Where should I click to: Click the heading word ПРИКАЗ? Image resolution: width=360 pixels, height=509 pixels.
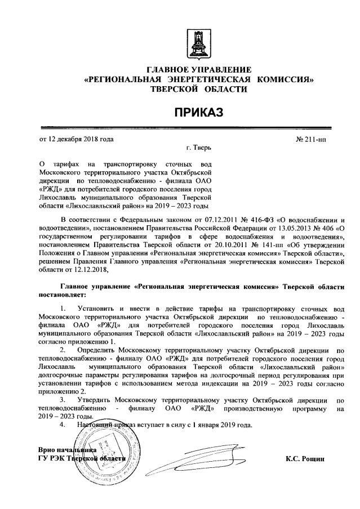(198, 113)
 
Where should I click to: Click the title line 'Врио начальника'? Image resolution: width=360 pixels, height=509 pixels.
(66, 450)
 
